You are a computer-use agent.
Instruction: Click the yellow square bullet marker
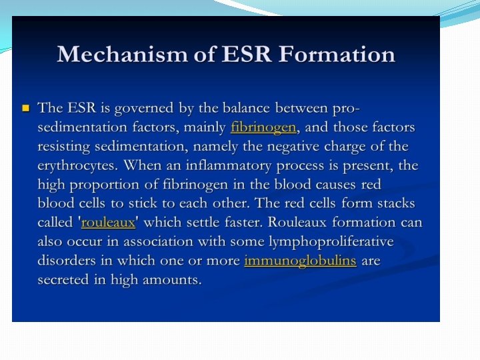[26, 107]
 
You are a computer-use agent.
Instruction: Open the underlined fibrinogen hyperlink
[263, 127]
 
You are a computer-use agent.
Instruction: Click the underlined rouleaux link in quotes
[108, 223]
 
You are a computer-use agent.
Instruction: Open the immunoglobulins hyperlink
[300, 261]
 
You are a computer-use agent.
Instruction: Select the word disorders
[66, 261]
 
